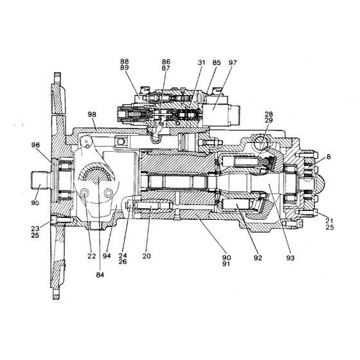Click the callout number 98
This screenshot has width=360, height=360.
click(92, 114)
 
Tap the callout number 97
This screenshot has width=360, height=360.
click(232, 63)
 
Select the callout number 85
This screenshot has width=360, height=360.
click(216, 63)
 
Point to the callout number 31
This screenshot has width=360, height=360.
click(201, 63)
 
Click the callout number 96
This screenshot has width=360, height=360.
click(35, 145)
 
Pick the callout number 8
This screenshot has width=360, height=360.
click(328, 157)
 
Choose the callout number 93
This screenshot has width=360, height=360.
click(290, 258)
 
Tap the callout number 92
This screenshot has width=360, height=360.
click(258, 258)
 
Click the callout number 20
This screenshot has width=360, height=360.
click(147, 256)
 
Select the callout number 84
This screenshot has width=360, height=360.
click(100, 275)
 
